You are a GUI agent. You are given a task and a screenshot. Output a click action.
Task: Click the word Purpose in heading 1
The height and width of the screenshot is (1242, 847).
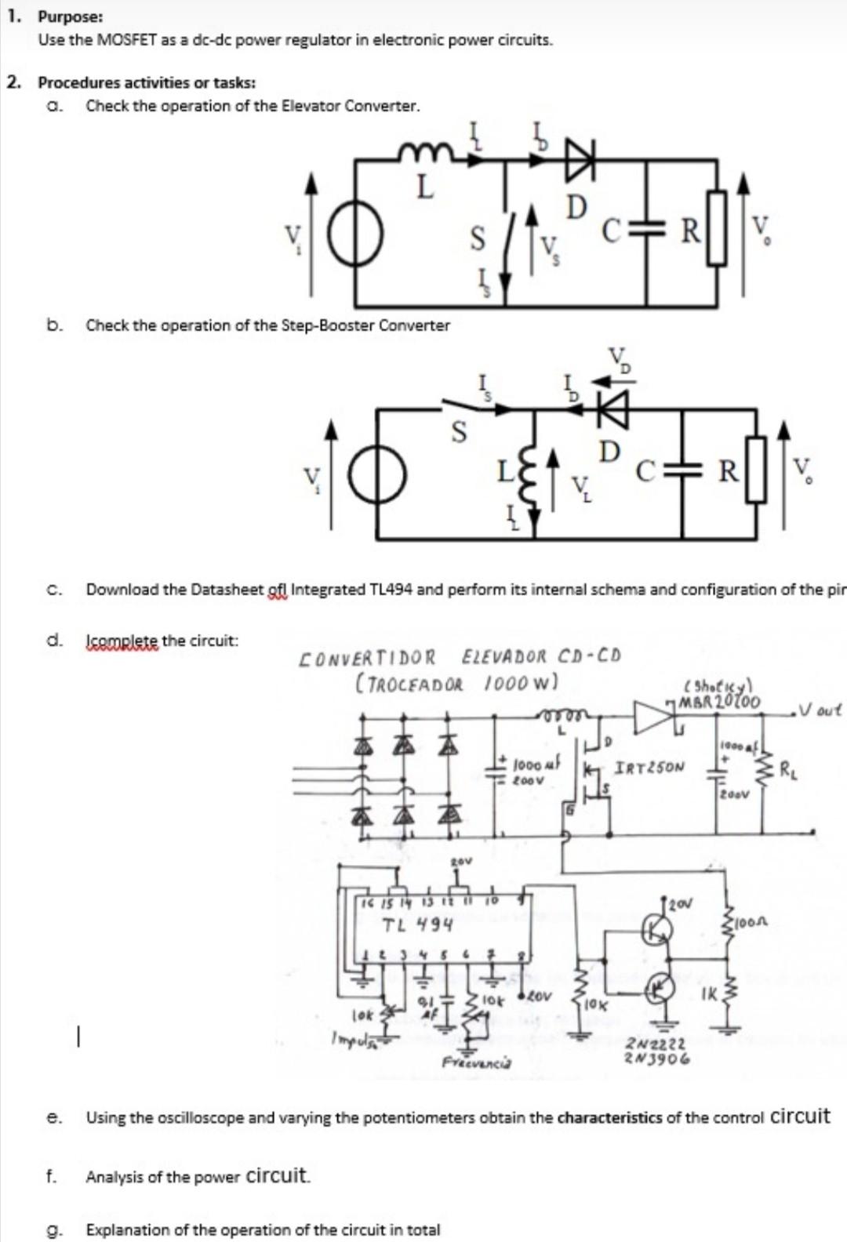point(69,17)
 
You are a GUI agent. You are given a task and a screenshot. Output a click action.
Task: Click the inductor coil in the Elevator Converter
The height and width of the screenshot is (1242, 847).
point(423,153)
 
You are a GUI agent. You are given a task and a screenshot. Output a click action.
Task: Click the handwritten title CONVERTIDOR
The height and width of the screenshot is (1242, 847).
point(368,656)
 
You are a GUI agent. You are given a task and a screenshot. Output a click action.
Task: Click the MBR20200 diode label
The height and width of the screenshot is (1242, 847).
point(719,700)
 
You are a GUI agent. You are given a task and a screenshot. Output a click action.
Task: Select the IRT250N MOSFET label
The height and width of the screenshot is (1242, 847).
point(650,767)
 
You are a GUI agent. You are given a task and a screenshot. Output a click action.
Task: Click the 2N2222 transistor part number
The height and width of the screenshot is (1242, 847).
point(656,1044)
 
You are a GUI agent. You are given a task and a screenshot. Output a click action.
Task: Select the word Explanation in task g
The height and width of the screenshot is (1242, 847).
point(125,1229)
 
